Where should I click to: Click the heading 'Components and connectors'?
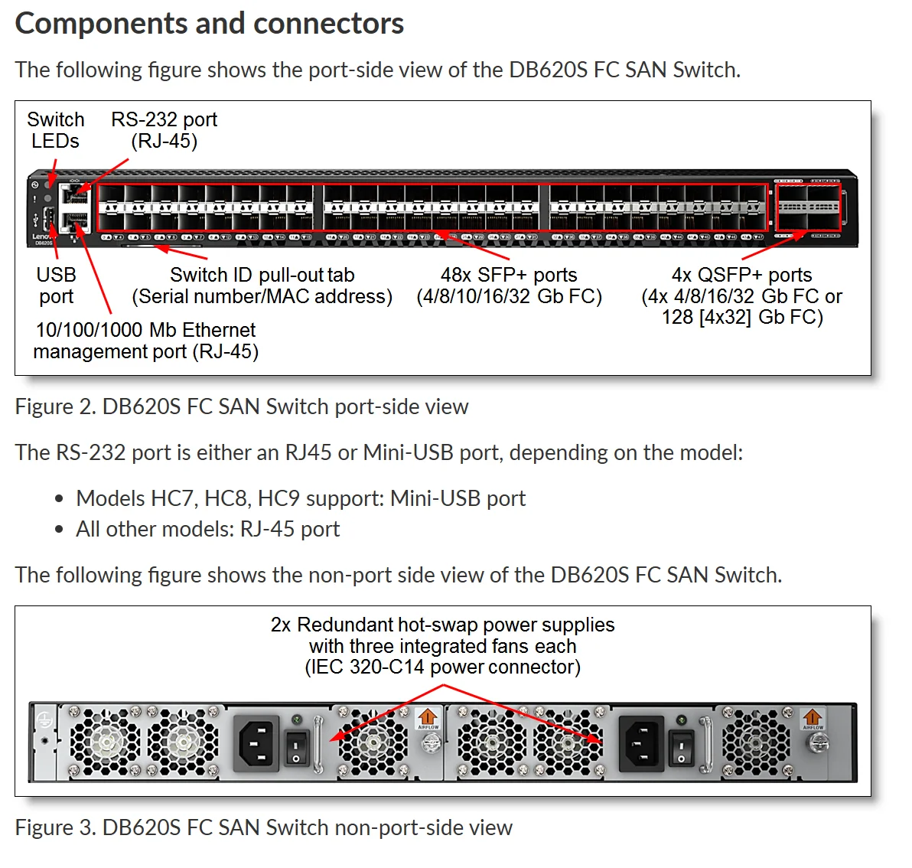click(209, 24)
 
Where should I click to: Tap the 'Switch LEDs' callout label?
click(55, 130)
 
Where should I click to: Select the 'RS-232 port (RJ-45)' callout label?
click(164, 130)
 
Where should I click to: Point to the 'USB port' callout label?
click(56, 286)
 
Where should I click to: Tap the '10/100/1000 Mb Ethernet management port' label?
click(145, 341)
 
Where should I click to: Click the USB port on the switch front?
click(46, 217)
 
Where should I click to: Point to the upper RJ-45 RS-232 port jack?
click(75, 194)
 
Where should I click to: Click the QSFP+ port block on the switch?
click(808, 207)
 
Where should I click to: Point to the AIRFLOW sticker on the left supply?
click(427, 719)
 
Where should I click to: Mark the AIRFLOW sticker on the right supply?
click(813, 719)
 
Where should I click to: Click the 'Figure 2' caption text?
click(242, 406)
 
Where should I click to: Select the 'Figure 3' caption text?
click(263, 827)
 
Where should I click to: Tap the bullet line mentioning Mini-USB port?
click(300, 498)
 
